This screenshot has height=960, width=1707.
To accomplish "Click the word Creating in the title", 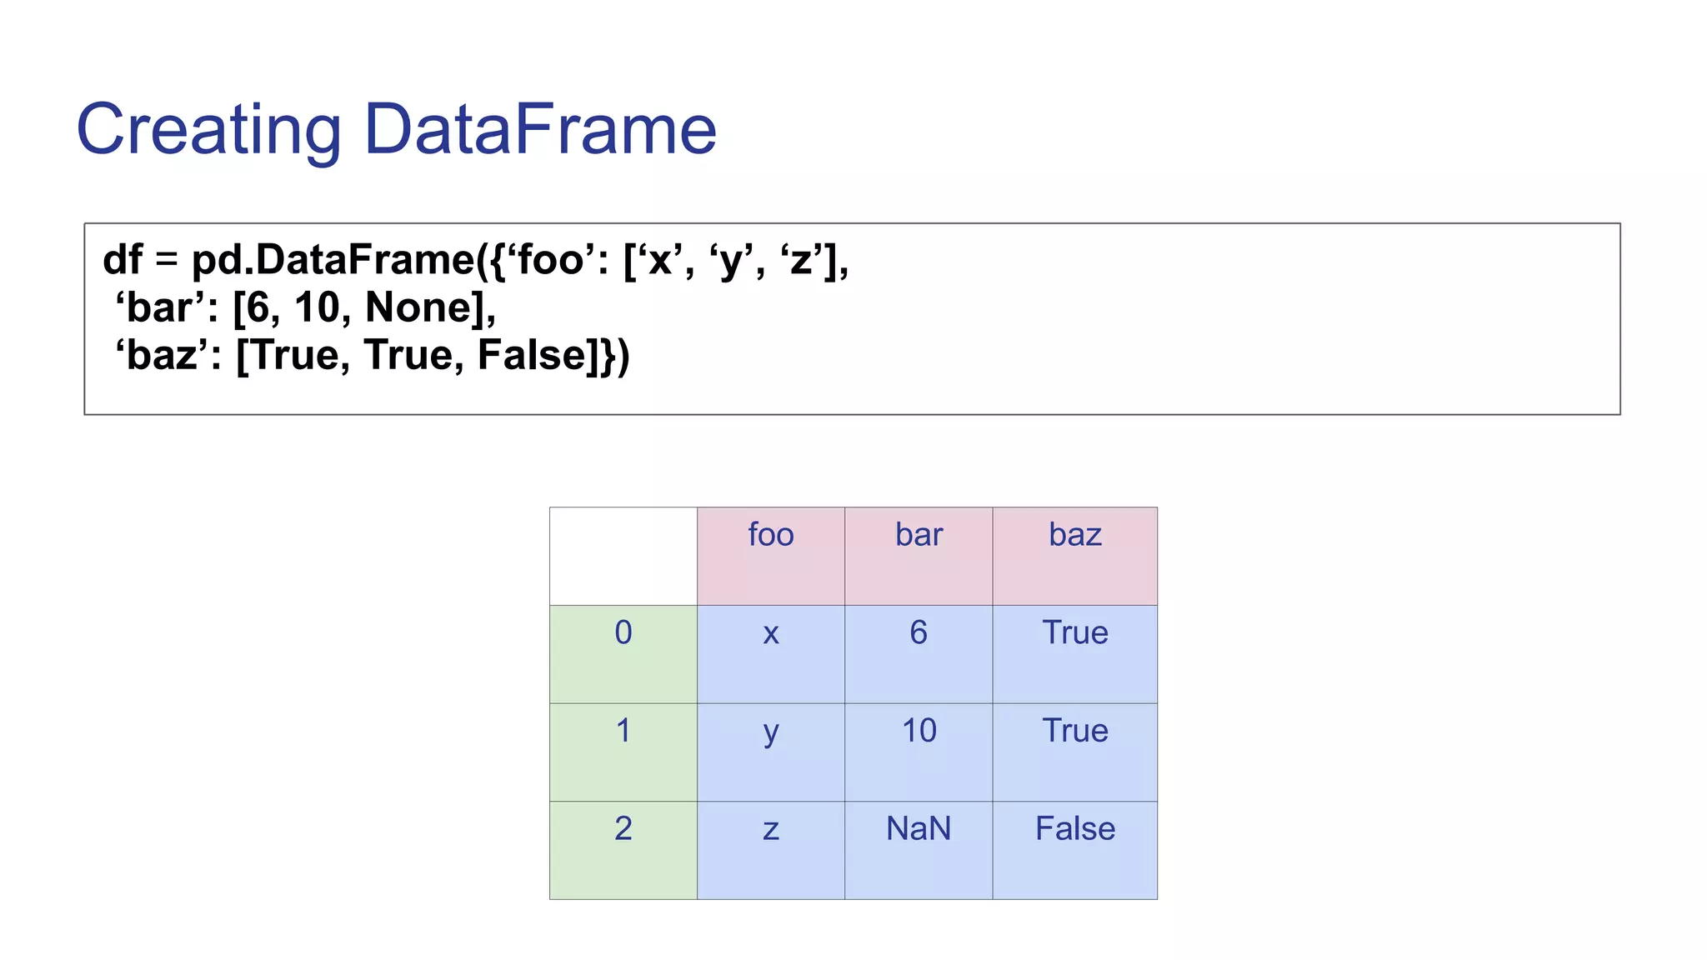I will click(x=208, y=130).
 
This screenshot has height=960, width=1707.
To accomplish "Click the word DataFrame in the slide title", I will click(x=540, y=130).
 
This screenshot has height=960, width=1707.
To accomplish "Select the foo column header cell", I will click(x=770, y=555).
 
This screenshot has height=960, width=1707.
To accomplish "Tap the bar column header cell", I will click(x=919, y=555).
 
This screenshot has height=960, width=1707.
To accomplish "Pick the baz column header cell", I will click(x=1074, y=555).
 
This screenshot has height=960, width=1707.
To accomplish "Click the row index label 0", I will click(x=623, y=652).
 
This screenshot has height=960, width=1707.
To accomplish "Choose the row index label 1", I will click(x=623, y=751).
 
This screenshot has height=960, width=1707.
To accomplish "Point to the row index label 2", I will click(x=623, y=849).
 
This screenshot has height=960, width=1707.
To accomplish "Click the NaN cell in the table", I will click(x=919, y=849).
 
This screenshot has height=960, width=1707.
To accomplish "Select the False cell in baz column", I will click(x=1074, y=849).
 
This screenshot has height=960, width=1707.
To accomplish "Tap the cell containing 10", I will click(x=919, y=751).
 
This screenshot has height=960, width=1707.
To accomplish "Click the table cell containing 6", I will click(x=919, y=652).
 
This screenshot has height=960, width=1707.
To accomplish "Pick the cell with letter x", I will click(x=770, y=652).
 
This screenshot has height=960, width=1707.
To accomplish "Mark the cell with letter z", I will click(x=770, y=849).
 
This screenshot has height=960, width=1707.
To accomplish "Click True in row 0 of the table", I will click(x=1074, y=652).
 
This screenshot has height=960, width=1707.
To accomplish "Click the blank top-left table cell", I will click(x=623, y=555).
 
